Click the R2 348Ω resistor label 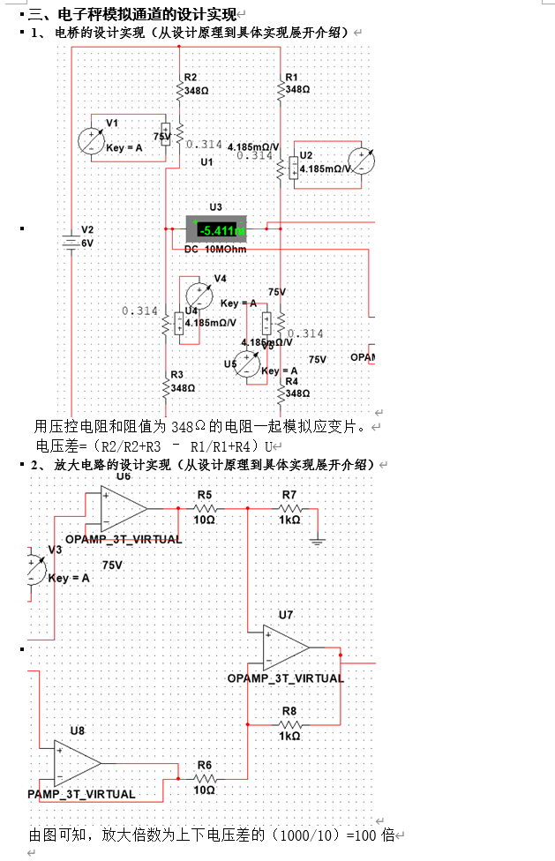pos(197,84)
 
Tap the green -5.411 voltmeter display pos(217,231)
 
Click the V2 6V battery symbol pos(71,241)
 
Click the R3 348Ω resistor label pos(182,381)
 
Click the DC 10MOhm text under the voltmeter pos(215,250)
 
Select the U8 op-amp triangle pos(78,762)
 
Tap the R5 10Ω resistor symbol pos(205,508)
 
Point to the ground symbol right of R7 pos(319,540)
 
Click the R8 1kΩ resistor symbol pos(289,723)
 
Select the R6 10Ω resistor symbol pos(205,779)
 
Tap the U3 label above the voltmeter pos(216,207)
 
